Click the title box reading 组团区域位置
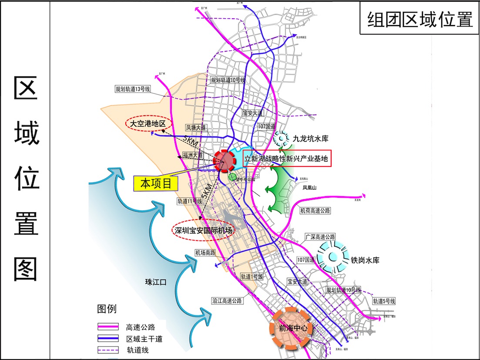[420, 20]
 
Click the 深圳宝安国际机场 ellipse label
[201, 231]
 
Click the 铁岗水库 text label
[365, 260]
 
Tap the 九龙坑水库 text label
[310, 139]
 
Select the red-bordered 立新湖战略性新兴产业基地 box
[287, 159]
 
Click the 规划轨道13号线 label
[133, 89]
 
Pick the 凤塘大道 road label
[196, 128]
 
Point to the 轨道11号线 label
[190, 201]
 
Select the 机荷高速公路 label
[316, 210]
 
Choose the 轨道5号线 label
[384, 301]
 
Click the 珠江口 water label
[156, 282]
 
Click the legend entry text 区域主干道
[144, 339]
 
